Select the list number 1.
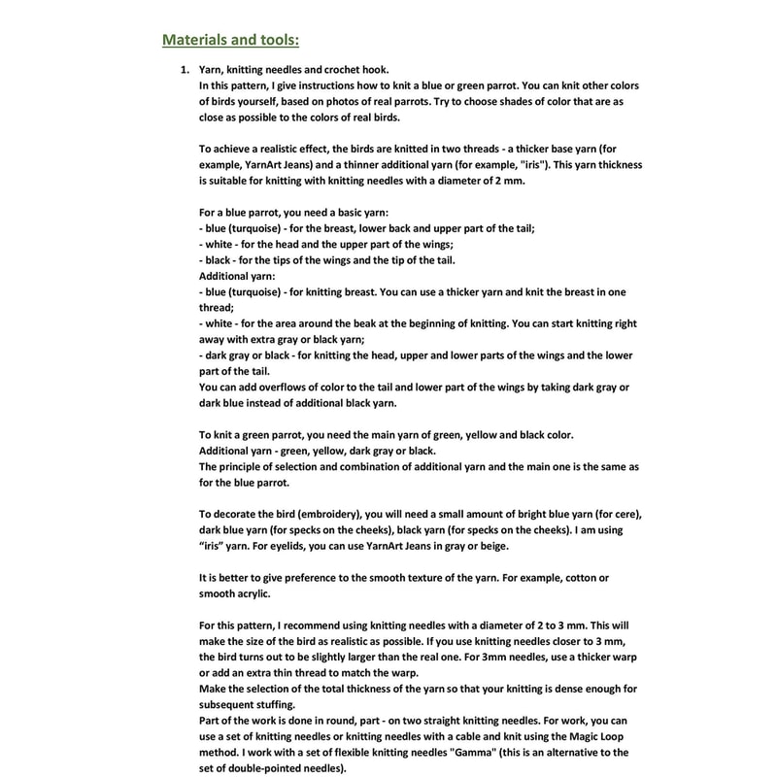point(184,70)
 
